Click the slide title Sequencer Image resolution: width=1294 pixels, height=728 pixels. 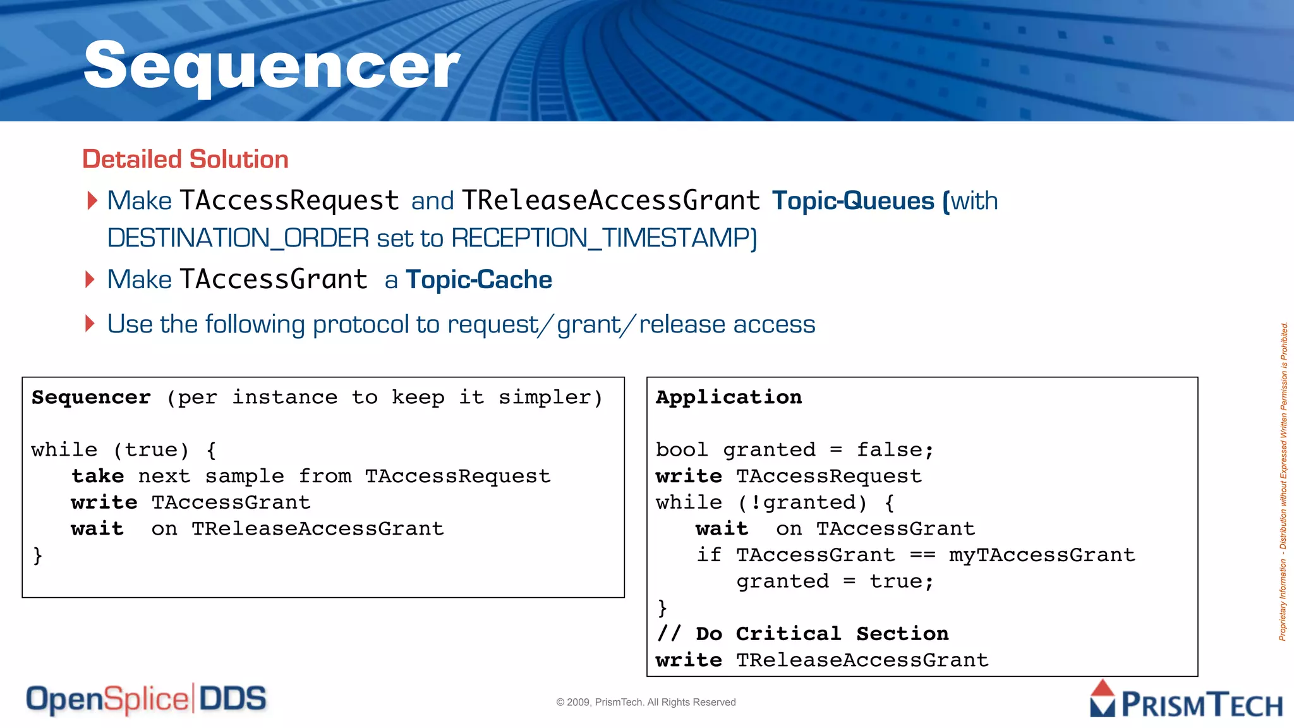[x=272, y=65]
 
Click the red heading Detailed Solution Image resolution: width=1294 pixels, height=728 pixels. [x=185, y=159]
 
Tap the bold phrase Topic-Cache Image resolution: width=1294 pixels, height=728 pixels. [x=479, y=279]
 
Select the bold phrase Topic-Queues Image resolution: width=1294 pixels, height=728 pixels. [x=853, y=201]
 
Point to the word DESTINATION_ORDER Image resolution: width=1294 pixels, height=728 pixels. [x=238, y=238]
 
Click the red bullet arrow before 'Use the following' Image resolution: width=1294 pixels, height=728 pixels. [x=90, y=324]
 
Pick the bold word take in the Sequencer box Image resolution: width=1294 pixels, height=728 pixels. [x=97, y=476]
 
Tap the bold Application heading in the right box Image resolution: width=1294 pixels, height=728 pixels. [x=729, y=397]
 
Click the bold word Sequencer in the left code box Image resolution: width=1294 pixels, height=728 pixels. [x=91, y=397]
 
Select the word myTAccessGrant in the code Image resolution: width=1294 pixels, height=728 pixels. [x=1041, y=555]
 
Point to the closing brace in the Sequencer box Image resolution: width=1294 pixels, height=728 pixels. [x=37, y=555]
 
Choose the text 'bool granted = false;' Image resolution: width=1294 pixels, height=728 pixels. [x=794, y=449]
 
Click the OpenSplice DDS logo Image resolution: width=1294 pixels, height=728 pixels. [x=146, y=700]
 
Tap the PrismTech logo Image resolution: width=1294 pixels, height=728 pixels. [x=1185, y=700]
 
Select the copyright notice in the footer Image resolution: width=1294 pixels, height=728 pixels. [x=646, y=702]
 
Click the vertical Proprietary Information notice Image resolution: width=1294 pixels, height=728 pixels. [x=1283, y=482]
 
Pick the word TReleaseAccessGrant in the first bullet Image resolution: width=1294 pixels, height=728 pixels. [x=610, y=201]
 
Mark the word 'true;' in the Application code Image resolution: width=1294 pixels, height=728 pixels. [x=901, y=581]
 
